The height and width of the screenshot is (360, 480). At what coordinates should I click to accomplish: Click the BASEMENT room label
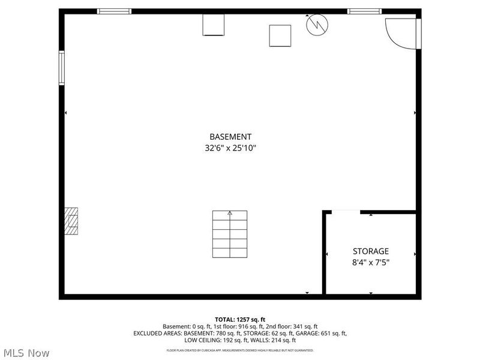(x=230, y=137)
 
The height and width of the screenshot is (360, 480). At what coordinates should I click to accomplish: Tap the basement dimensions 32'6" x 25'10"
(x=230, y=148)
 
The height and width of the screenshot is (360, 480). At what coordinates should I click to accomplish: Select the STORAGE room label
(x=370, y=251)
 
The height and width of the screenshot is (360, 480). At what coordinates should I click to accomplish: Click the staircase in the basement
(x=230, y=233)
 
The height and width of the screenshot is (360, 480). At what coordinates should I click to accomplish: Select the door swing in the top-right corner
(x=399, y=33)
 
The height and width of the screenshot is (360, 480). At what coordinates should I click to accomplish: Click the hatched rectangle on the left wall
(x=71, y=221)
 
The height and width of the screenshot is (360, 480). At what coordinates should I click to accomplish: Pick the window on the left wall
(x=61, y=68)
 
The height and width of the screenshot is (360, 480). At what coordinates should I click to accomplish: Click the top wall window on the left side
(x=114, y=11)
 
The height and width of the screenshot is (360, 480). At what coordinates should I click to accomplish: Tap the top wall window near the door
(x=364, y=11)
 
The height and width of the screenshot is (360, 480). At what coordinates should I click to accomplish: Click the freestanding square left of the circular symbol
(x=280, y=35)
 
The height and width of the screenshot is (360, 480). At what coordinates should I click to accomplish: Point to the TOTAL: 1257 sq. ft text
(x=239, y=319)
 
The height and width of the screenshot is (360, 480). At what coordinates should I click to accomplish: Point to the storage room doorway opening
(x=346, y=211)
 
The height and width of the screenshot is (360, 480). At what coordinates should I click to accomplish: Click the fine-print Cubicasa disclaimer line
(x=239, y=350)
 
